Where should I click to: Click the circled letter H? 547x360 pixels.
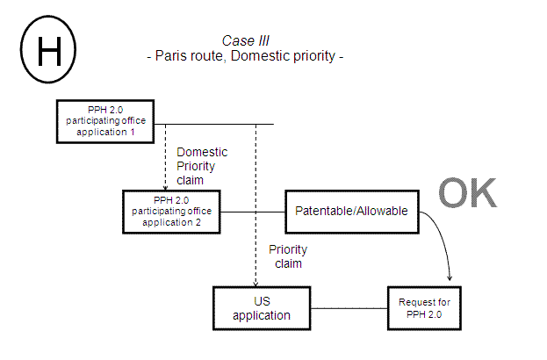(48, 53)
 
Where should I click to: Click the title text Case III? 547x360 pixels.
(245, 41)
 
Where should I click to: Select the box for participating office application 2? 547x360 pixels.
(173, 212)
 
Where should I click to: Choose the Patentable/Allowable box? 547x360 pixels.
(350, 212)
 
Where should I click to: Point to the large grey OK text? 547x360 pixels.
(466, 194)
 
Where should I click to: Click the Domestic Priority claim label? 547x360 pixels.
(201, 165)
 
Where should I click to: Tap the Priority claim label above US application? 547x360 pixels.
(288, 256)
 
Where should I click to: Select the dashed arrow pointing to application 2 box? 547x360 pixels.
(165, 158)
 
